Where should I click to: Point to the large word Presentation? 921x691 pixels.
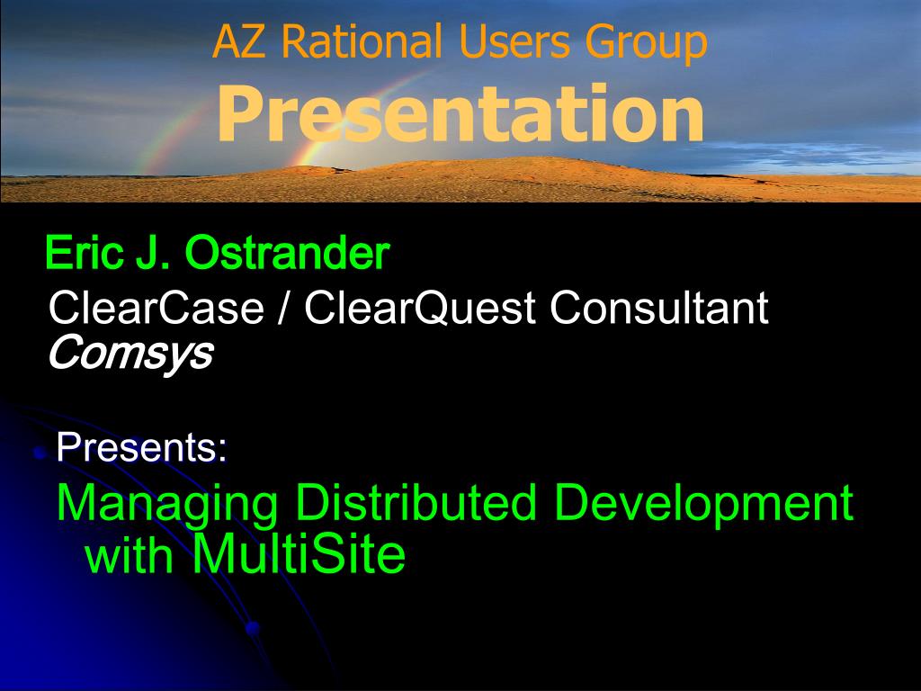[x=460, y=112]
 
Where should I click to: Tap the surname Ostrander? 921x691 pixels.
[x=287, y=253]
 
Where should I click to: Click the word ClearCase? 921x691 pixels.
[x=156, y=308]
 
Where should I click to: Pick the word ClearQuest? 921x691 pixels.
[x=419, y=308]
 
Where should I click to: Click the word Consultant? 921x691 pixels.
[x=659, y=308]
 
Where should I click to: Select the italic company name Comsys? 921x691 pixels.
[x=130, y=354]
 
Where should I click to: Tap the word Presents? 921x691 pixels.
[x=141, y=447]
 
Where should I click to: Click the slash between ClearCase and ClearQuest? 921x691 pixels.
[x=283, y=308]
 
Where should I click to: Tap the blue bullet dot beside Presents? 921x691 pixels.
[x=40, y=453]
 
